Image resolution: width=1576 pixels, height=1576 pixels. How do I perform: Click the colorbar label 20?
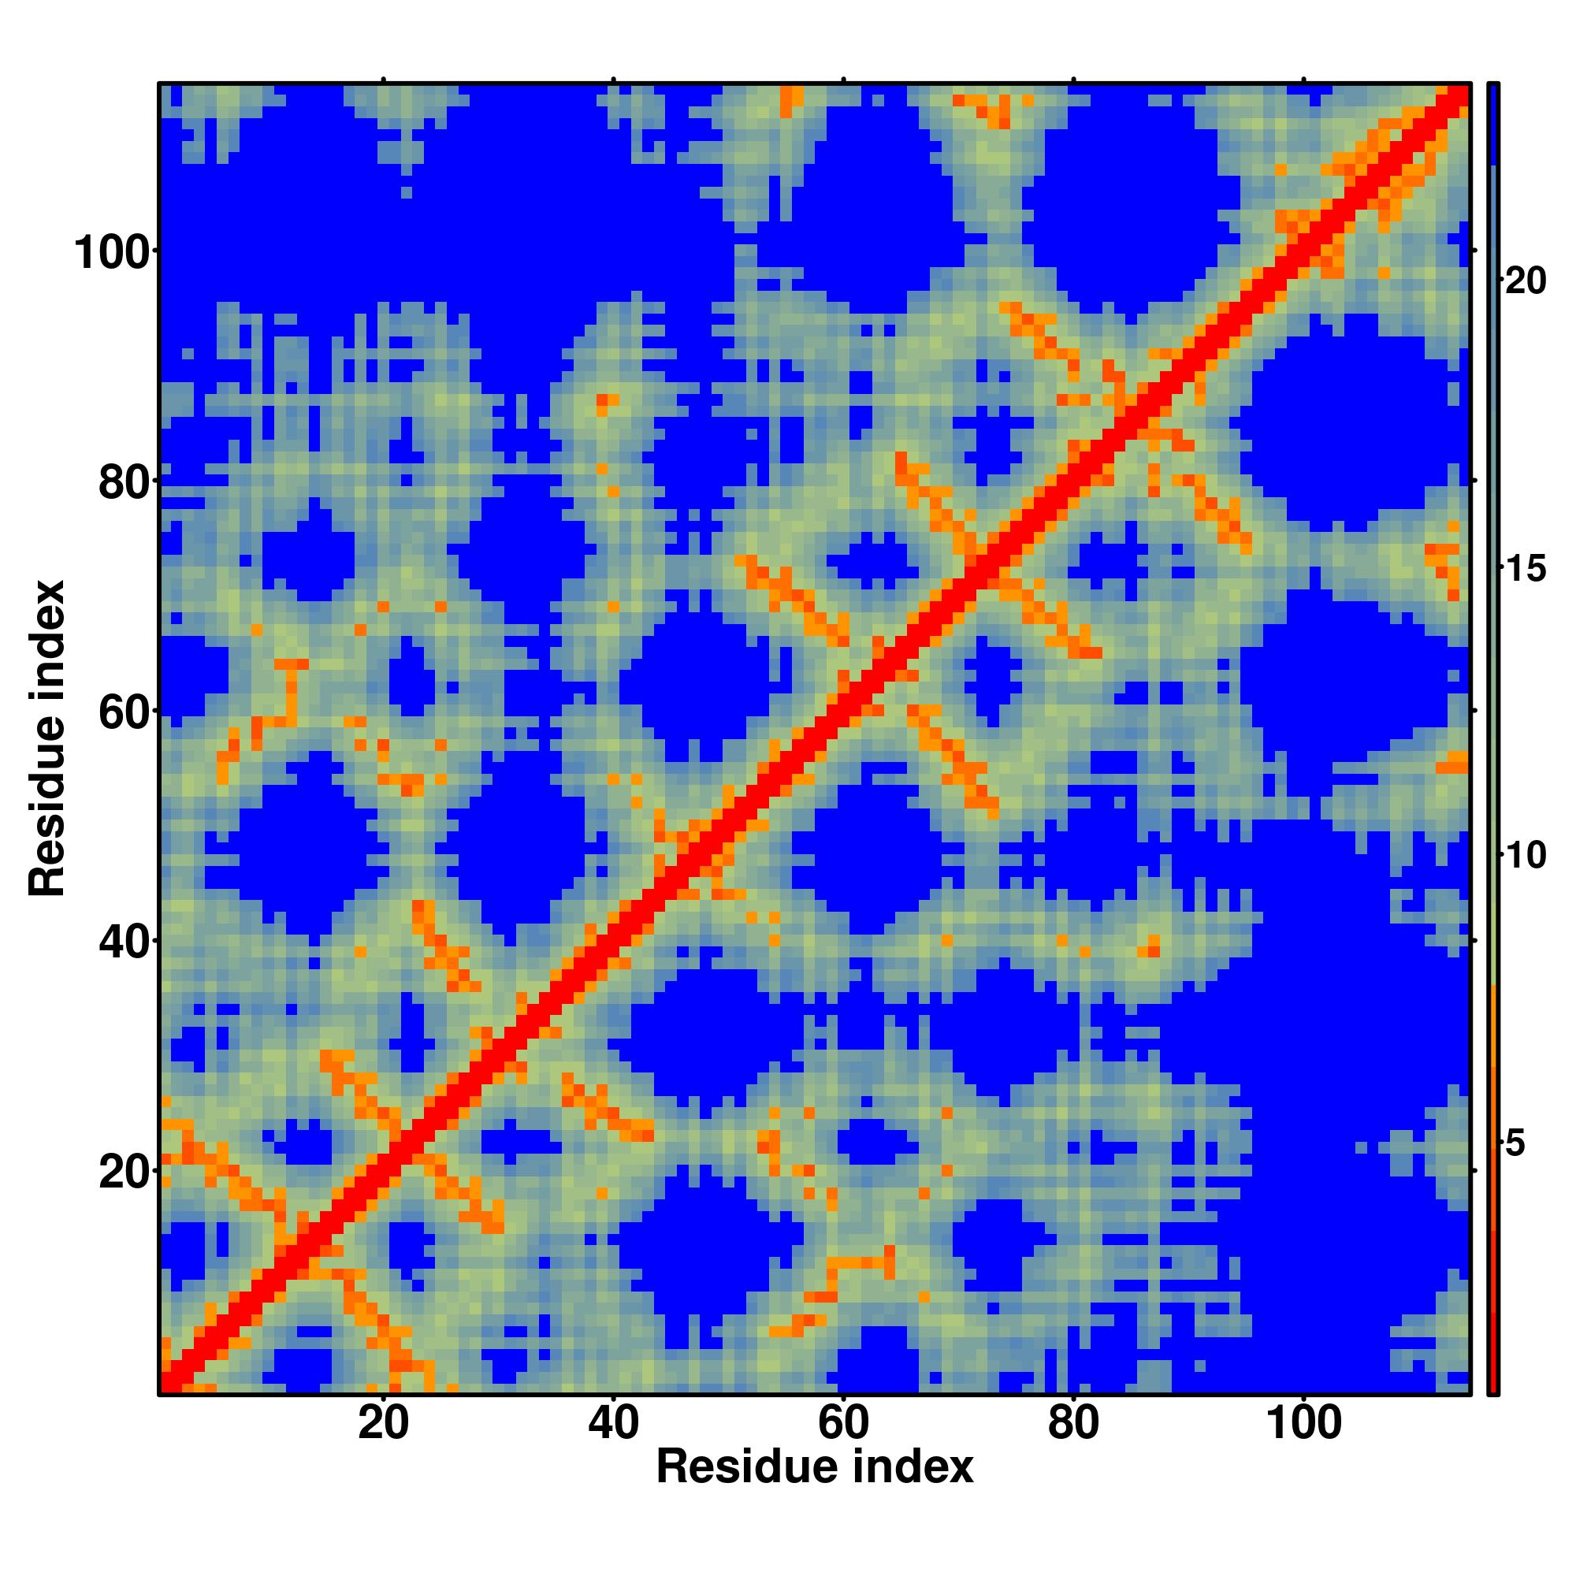[x=1525, y=282]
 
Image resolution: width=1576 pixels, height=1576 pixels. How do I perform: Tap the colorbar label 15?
[x=1525, y=570]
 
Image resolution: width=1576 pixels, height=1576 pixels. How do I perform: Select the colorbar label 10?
[x=1525, y=857]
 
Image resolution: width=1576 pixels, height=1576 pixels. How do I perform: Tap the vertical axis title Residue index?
[x=47, y=738]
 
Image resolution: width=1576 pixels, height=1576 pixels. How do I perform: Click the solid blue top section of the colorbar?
[x=1492, y=122]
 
